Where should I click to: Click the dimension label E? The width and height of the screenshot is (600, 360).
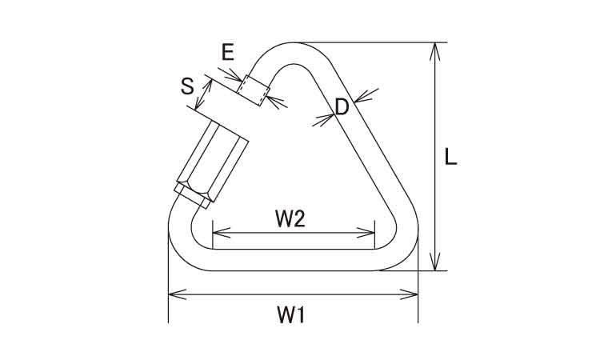pyautogui.click(x=228, y=52)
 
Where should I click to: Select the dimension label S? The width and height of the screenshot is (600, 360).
pyautogui.click(x=187, y=86)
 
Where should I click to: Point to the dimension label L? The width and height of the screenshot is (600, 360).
pyautogui.click(x=450, y=157)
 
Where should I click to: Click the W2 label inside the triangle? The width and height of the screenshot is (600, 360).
pyautogui.click(x=290, y=219)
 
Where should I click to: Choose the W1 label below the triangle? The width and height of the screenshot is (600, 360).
pyautogui.click(x=290, y=316)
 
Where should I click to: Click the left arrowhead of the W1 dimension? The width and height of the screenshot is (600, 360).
pyautogui.click(x=177, y=294)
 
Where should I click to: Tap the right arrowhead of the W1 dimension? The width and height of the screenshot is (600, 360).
pyautogui.click(x=409, y=294)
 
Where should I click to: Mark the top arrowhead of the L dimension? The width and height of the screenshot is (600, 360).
pyautogui.click(x=434, y=51)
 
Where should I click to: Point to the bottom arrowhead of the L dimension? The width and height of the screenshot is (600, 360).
pyautogui.click(x=434, y=262)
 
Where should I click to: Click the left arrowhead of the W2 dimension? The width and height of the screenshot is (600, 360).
pyautogui.click(x=222, y=232)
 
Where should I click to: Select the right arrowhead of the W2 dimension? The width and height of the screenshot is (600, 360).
pyautogui.click(x=366, y=232)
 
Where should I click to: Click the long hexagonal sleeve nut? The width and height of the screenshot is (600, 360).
pyautogui.click(x=213, y=161)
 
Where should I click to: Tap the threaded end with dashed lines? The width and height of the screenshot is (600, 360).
pyautogui.click(x=254, y=90)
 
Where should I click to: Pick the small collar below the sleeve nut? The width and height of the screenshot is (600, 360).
pyautogui.click(x=192, y=196)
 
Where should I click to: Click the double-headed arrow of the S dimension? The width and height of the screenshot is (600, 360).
pyautogui.click(x=203, y=94)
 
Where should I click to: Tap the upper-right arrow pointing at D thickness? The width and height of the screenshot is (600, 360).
pyautogui.click(x=366, y=96)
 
